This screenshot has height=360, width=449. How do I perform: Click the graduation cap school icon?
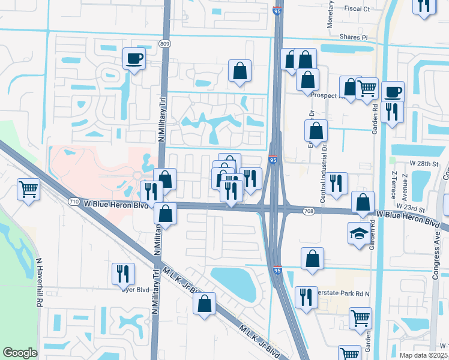click(x=359, y=233)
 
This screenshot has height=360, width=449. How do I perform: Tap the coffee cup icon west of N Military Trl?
click(x=134, y=59)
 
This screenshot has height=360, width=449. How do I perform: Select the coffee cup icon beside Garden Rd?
click(x=393, y=92)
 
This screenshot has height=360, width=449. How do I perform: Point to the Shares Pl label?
click(x=352, y=37)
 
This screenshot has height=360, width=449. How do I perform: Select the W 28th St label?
click(x=425, y=163)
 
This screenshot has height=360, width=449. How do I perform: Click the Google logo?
click(x=20, y=353)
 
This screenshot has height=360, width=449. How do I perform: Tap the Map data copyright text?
click(x=423, y=355)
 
